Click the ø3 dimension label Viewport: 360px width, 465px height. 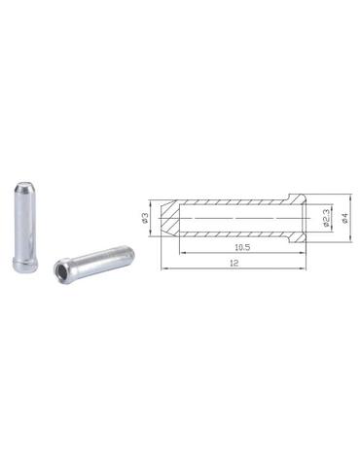pos(145,218)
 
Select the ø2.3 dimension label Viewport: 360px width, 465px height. pos(326,218)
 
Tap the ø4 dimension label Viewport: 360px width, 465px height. pos(344,218)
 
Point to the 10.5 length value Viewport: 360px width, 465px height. pos(242,247)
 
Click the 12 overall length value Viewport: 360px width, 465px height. pos(234,263)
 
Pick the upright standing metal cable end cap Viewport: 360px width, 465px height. pos(25,227)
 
